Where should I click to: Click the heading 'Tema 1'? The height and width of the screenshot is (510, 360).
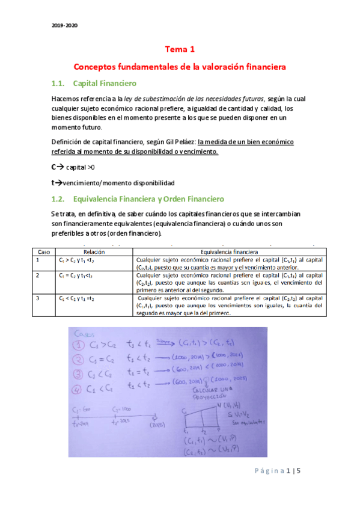180,51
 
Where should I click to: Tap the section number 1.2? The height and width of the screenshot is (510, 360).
59,198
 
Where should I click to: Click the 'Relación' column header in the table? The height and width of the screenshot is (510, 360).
94,251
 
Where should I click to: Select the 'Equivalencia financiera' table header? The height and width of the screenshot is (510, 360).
230,251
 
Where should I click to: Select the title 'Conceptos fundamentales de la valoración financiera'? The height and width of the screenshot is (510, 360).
180,66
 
